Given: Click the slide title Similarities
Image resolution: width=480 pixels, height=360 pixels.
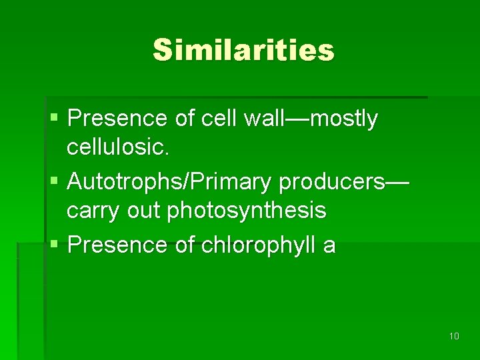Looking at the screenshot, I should point(243,50).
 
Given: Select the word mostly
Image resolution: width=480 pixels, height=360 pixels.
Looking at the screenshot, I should point(344,119).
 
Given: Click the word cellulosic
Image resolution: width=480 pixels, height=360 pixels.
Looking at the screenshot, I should point(118,147).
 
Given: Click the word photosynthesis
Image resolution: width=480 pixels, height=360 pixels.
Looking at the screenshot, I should point(247,211).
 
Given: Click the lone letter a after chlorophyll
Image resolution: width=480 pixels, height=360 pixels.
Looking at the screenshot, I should point(329,246).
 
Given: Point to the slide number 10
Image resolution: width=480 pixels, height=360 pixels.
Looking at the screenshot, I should point(454,336).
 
